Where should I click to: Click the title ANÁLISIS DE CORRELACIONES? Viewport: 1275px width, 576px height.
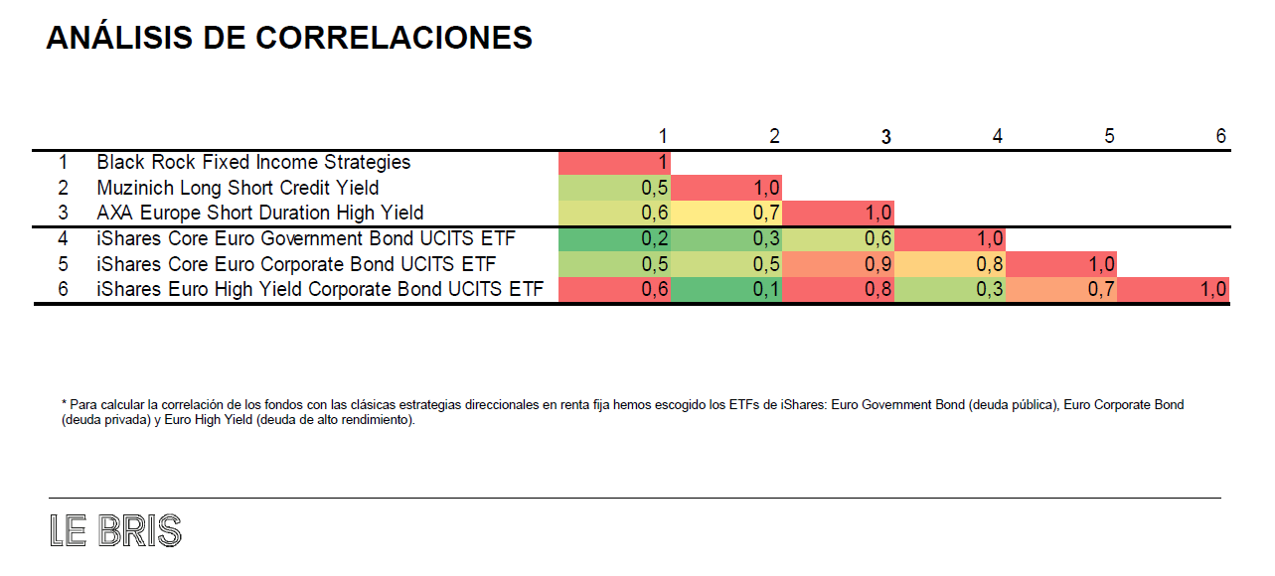(x=289, y=38)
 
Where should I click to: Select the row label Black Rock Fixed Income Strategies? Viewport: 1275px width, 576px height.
(x=253, y=162)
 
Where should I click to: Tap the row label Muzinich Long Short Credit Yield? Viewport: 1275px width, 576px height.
(x=238, y=188)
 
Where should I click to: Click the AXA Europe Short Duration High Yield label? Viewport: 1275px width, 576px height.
(x=260, y=213)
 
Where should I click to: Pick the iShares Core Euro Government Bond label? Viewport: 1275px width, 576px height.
(x=305, y=239)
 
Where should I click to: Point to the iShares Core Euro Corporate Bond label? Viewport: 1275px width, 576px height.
(x=296, y=265)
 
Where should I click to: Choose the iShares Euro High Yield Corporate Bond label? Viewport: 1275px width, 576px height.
(x=321, y=290)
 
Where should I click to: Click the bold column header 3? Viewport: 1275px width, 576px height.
(x=886, y=137)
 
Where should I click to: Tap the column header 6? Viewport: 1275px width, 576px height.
(x=1221, y=136)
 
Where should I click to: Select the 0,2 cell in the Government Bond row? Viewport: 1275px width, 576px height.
(x=615, y=239)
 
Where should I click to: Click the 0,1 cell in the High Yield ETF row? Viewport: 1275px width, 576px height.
(x=726, y=290)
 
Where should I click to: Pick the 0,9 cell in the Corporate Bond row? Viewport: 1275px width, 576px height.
(x=838, y=265)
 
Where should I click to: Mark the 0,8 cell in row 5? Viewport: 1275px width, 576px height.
(x=950, y=265)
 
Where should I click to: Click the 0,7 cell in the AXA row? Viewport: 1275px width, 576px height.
(x=726, y=213)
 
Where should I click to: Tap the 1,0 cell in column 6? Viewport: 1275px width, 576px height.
(x=1173, y=290)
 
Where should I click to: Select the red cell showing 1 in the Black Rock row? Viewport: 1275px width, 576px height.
(x=615, y=162)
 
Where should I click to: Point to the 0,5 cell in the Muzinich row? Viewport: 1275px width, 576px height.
(x=615, y=188)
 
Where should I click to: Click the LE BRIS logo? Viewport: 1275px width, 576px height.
(x=115, y=531)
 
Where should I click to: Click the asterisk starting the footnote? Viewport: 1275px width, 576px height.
(x=64, y=405)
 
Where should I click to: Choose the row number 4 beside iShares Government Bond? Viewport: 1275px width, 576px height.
(x=63, y=239)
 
